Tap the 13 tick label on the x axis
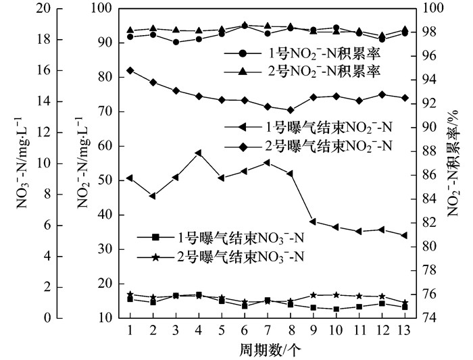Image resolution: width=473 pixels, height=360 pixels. [405, 328]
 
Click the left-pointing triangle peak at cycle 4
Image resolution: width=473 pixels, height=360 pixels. [199, 153]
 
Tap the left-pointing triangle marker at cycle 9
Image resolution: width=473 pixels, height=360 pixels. [313, 221]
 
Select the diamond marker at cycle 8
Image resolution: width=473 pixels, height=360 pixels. [291, 110]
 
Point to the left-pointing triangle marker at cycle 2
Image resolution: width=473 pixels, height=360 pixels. [153, 196]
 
